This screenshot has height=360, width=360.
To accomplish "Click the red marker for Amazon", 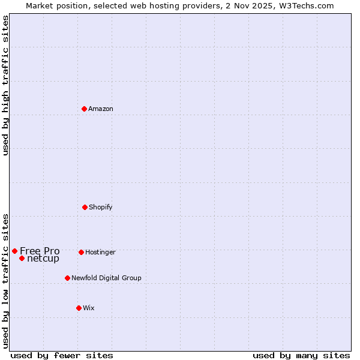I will [x=84, y=109].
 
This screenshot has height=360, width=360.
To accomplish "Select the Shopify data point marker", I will [x=85, y=207].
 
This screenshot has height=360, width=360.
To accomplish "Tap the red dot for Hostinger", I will [x=81, y=252].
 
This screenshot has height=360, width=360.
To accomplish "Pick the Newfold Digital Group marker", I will [x=67, y=278].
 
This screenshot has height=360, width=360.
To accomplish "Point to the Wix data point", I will [x=79, y=308].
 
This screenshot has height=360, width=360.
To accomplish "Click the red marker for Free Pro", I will [x=14, y=251].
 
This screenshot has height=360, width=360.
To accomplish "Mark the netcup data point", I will [x=22, y=258].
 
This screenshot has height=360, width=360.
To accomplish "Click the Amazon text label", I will [x=101, y=109].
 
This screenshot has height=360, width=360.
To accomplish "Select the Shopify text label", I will [x=101, y=207].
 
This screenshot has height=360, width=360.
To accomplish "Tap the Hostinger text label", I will [x=100, y=252].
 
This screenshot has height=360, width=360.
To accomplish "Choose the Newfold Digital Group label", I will [x=106, y=278].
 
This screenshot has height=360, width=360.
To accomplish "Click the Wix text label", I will [x=89, y=308].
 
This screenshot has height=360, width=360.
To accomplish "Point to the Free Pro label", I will [x=40, y=251].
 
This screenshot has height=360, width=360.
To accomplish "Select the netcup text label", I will [x=43, y=259].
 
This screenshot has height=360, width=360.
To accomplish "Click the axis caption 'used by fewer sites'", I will [x=62, y=355].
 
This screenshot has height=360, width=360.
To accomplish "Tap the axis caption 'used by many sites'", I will [x=301, y=355].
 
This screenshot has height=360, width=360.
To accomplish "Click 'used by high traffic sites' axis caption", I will [x=5, y=85].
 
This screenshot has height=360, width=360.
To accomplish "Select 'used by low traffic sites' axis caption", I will [x=5, y=280].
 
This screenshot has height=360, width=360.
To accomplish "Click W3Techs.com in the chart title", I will [x=305, y=5].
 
